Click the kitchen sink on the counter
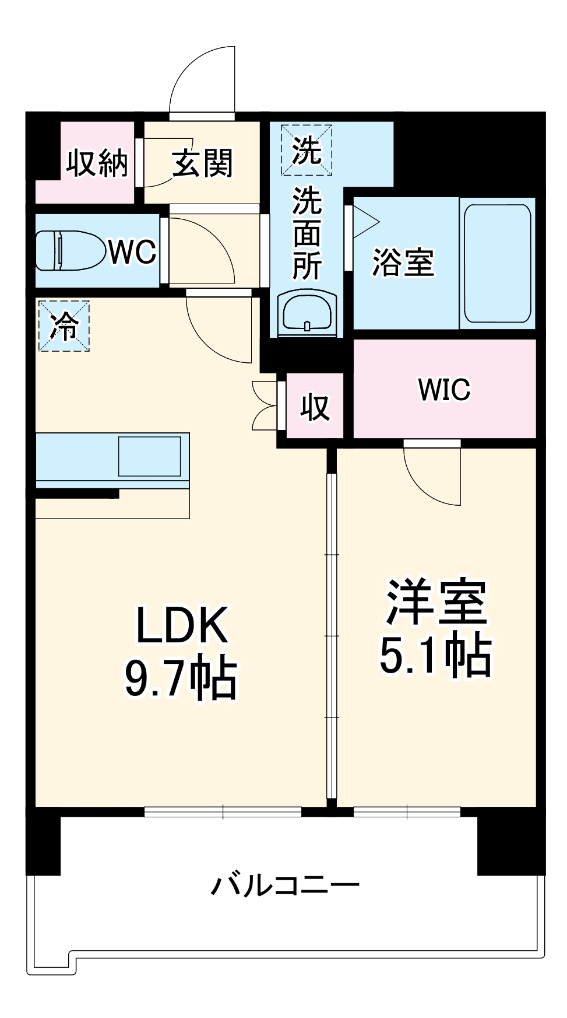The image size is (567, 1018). pyautogui.click(x=149, y=456)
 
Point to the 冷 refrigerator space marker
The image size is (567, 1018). pyautogui.click(x=64, y=326)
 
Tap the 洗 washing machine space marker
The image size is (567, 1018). pyautogui.click(x=307, y=149)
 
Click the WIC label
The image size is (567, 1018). pyautogui.click(x=444, y=390)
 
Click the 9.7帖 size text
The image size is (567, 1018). pyautogui.click(x=181, y=678)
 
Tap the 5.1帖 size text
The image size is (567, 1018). pyautogui.click(x=435, y=655)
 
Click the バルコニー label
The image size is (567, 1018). pyautogui.click(x=285, y=886)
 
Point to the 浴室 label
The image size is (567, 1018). pyautogui.click(x=403, y=263)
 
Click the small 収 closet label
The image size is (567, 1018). pyautogui.click(x=315, y=407)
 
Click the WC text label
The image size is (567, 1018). pyautogui.click(x=132, y=251)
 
